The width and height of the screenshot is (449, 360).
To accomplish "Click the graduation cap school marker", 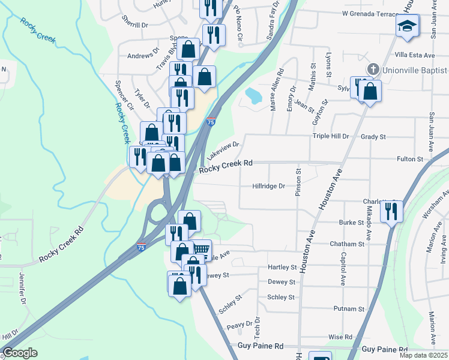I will [408, 26].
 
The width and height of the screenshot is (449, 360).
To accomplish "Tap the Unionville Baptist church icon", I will [373, 69].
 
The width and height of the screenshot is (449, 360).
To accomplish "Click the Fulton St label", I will [410, 159].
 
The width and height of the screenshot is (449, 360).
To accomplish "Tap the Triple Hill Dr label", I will [330, 136].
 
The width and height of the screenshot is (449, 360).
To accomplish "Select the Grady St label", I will [373, 136].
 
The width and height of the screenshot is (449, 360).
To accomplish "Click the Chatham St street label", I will [347, 244].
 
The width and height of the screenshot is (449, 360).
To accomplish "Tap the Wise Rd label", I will [340, 337].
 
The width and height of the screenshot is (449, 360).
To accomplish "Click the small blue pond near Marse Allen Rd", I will [253, 94].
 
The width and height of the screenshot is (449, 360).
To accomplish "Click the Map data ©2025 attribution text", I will [423, 355].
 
